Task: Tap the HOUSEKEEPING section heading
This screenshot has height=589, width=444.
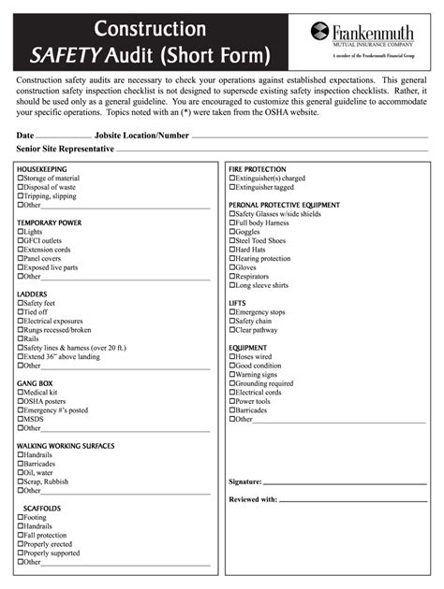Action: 42,168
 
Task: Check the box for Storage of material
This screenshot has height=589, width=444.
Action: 20,178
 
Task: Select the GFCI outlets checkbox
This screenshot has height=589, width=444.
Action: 20,240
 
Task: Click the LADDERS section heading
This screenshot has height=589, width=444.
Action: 32,294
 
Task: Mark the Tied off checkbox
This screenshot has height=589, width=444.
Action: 20,312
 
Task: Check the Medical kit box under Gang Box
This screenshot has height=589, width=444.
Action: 20,393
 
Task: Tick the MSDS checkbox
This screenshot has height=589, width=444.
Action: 20,419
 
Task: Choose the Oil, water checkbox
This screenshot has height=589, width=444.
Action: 20,472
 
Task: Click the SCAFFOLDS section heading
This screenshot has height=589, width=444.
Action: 42,508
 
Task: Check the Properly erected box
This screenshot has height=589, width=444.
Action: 20,544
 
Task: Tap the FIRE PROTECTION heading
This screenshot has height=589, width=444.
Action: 258,168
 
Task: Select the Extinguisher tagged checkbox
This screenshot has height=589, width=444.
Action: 231,187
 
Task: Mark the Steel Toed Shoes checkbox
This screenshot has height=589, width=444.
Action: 231,240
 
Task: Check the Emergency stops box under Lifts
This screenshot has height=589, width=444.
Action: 231,311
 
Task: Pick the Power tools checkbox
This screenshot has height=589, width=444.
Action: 231,401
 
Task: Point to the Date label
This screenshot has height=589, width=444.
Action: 25,136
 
